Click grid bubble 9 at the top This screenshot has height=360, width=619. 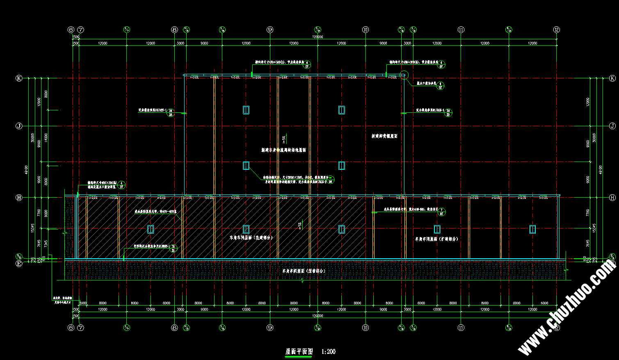[x=270, y=30]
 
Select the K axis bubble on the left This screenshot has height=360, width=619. [x=19, y=78]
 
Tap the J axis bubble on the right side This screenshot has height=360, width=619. [x=612, y=126]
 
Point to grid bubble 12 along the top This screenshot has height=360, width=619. [x=556, y=30]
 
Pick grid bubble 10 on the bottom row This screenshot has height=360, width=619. [x=365, y=328]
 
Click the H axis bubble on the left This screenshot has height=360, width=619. [x=19, y=198]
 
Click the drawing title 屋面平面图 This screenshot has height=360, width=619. [x=299, y=352]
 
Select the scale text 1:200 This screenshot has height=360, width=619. [x=329, y=352]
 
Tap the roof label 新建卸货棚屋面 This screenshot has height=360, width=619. [x=384, y=136]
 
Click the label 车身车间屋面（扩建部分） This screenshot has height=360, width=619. [x=436, y=239]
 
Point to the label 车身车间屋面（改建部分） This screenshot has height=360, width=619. [x=251, y=237]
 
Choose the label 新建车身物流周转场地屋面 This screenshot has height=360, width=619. [x=283, y=150]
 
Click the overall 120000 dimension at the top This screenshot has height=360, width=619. [x=317, y=37]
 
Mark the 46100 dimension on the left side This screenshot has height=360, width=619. [x=27, y=169]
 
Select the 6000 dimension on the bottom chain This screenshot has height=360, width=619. [x=544, y=303]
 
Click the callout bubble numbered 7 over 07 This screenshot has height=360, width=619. [x=442, y=212]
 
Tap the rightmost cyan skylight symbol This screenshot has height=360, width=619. [x=532, y=229]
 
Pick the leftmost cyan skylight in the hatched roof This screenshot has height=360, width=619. [x=151, y=229]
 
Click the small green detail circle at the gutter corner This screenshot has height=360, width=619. [x=403, y=75]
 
